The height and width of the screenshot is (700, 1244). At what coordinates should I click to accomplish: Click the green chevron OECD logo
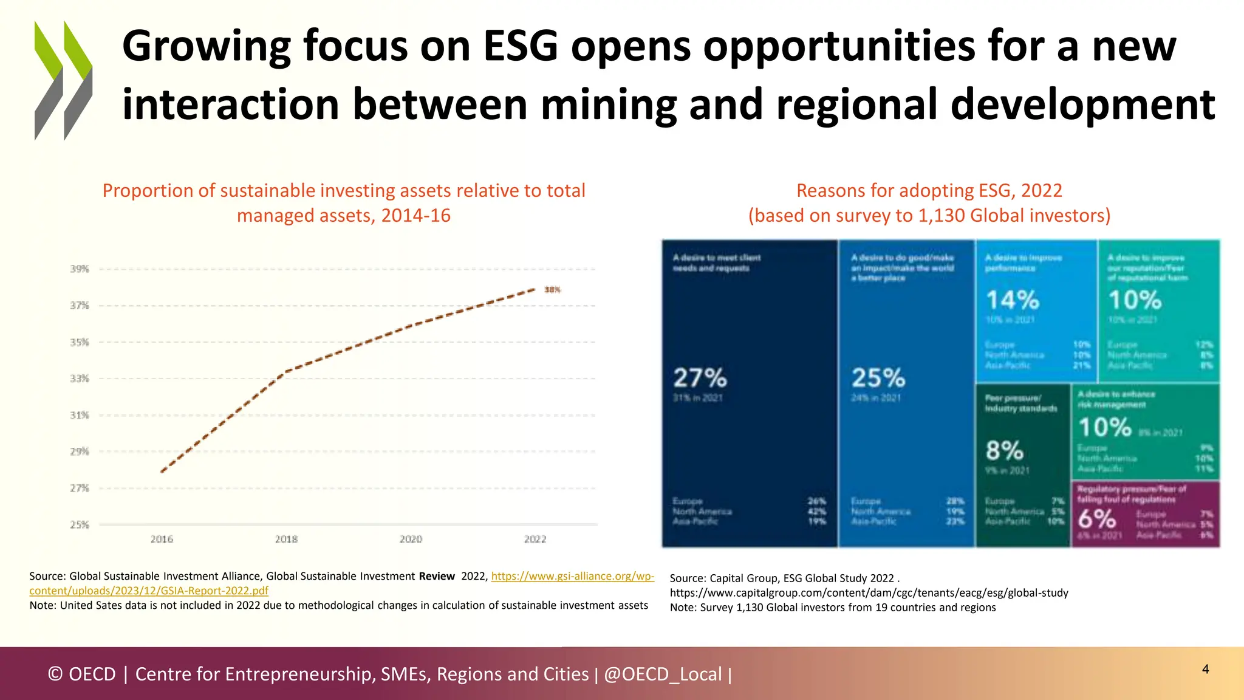tap(63, 80)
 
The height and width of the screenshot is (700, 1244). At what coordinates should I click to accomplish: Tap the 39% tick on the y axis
tap(80, 269)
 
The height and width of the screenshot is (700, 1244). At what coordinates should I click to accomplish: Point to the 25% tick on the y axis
tap(80, 524)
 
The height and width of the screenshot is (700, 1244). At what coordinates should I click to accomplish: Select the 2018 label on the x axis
tap(286, 539)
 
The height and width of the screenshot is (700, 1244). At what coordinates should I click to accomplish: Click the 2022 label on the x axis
tap(535, 539)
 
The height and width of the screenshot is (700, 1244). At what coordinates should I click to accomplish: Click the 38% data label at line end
tap(552, 290)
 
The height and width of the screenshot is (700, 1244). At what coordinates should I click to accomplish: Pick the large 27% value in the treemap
tap(700, 379)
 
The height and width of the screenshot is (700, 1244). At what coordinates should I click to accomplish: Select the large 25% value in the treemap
tap(878, 379)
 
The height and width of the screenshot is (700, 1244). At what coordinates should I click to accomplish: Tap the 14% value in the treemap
tap(1013, 300)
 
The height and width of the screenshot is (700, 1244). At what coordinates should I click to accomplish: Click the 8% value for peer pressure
tap(1005, 451)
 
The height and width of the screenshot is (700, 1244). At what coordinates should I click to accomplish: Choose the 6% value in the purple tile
tap(1097, 520)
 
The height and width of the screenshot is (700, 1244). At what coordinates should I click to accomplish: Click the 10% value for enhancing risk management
tap(1105, 428)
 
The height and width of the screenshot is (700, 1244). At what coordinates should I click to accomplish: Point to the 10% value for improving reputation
tap(1135, 300)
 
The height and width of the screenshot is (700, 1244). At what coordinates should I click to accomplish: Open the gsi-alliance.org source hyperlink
tap(572, 576)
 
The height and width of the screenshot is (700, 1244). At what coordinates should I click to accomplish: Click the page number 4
tap(1205, 669)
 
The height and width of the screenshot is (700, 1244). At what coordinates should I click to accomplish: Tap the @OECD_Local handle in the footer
tap(663, 674)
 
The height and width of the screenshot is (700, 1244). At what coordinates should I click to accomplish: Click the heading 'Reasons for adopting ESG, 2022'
tap(929, 191)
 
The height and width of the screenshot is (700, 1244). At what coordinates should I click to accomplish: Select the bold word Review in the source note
tap(436, 576)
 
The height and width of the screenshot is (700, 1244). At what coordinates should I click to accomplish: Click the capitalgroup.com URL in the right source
tap(869, 592)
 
